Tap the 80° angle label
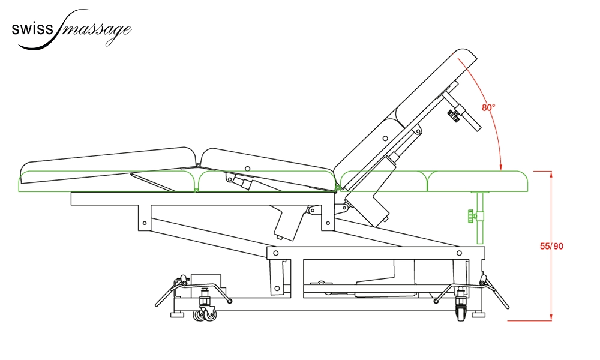(488, 107)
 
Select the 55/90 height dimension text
(551, 246)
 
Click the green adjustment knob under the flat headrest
(471, 217)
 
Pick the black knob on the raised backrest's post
(454, 115)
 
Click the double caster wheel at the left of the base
(205, 314)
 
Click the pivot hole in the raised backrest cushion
(385, 139)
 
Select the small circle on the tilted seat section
(247, 168)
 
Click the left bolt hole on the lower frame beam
(275, 253)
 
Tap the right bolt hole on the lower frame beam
(459, 253)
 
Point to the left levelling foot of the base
(176, 315)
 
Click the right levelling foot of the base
(479, 315)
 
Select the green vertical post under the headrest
(480, 217)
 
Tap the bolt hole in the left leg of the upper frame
(144, 223)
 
